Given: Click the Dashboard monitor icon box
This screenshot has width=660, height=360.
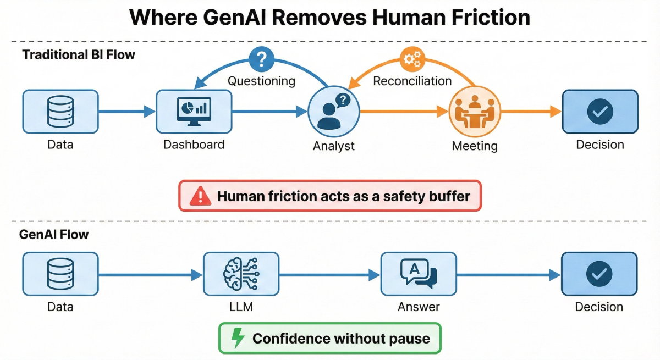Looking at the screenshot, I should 194,112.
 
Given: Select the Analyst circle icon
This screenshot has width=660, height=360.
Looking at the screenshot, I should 333,112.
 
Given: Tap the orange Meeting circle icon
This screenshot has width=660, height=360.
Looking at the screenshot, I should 475,112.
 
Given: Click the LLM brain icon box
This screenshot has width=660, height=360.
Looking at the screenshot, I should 241,274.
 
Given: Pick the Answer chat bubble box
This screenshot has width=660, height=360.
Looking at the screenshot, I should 419,274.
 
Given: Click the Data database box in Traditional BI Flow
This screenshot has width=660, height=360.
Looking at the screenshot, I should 61,112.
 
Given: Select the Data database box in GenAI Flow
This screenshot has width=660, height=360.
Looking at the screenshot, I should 61,274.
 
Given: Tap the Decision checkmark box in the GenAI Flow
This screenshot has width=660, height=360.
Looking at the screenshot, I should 599,274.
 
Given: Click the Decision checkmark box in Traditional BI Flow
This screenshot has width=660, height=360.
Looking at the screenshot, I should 600,112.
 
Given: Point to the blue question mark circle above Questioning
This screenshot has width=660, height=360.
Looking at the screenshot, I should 262,58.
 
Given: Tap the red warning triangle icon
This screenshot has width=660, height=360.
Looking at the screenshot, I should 200,196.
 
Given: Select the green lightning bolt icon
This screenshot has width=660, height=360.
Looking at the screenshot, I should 238,337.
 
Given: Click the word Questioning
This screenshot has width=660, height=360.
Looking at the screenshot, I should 262,81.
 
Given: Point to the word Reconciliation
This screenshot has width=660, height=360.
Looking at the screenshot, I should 413,81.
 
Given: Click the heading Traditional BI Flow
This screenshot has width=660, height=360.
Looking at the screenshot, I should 79,55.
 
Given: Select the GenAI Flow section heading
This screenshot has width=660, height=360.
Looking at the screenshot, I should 54,235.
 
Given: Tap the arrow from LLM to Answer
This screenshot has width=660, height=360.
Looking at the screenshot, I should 329,274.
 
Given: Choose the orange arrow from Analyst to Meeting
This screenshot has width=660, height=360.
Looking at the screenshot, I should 404,112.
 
